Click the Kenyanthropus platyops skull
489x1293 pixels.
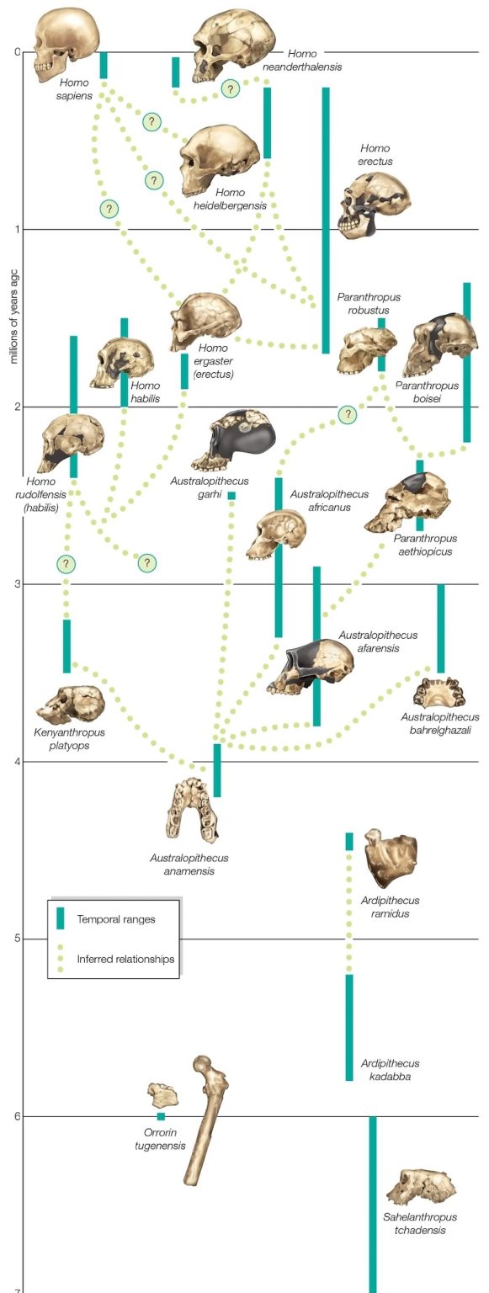(71, 705)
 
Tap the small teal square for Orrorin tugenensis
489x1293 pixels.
(161, 1116)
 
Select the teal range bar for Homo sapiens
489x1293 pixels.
(104, 65)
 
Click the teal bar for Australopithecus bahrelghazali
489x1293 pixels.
(440, 629)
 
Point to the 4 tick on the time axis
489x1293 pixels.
(17, 762)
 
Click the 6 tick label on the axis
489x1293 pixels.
(17, 1116)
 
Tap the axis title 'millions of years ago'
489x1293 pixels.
(14, 317)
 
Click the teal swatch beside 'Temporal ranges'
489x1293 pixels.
(60, 918)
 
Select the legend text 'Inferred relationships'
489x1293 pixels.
(125, 959)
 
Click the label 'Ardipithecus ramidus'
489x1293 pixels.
(391, 907)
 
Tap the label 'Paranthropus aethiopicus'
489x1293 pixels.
(426, 545)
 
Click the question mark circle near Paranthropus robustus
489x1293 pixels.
(348, 414)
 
